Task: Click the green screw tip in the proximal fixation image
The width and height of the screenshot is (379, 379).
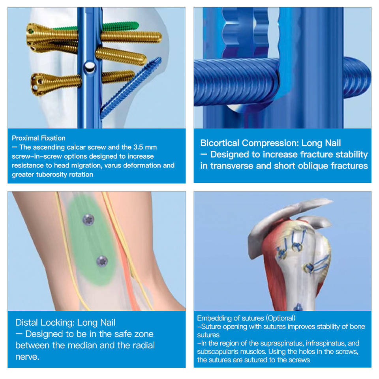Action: click(137, 24)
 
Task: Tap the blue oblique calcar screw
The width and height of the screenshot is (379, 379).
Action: click(131, 88)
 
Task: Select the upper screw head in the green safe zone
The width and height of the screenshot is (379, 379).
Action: click(88, 220)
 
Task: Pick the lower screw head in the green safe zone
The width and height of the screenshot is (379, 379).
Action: click(102, 261)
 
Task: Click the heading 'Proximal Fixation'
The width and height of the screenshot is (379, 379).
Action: click(39, 138)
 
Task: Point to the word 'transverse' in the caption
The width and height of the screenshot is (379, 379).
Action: click(232, 166)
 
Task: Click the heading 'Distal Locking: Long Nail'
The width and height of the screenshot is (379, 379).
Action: click(65, 323)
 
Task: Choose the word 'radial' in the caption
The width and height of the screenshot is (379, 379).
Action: click(142, 345)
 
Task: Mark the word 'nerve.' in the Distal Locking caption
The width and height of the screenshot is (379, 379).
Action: click(27, 357)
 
